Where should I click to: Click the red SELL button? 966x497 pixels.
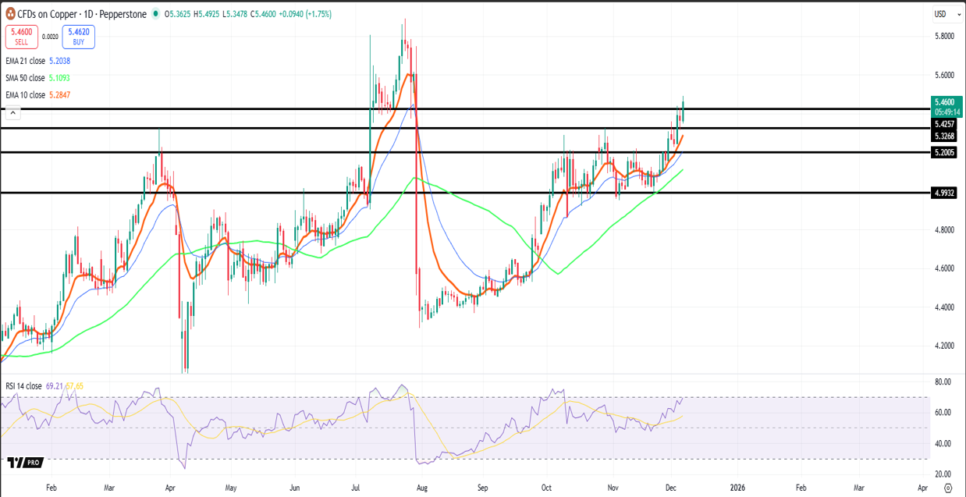pos(22,36)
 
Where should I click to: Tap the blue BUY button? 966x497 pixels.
pos(78,36)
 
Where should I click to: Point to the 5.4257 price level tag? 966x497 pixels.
pos(945,124)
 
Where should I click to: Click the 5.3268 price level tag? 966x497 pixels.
pos(945,136)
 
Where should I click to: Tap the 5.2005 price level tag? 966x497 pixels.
pos(945,152)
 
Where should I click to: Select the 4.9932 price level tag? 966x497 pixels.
pos(945,193)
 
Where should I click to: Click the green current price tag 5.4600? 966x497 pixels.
pos(945,102)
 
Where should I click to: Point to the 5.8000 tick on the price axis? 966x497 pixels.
pos(944,36)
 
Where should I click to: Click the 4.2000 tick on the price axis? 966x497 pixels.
pos(944,346)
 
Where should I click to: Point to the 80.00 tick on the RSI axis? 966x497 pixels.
pos(943,382)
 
